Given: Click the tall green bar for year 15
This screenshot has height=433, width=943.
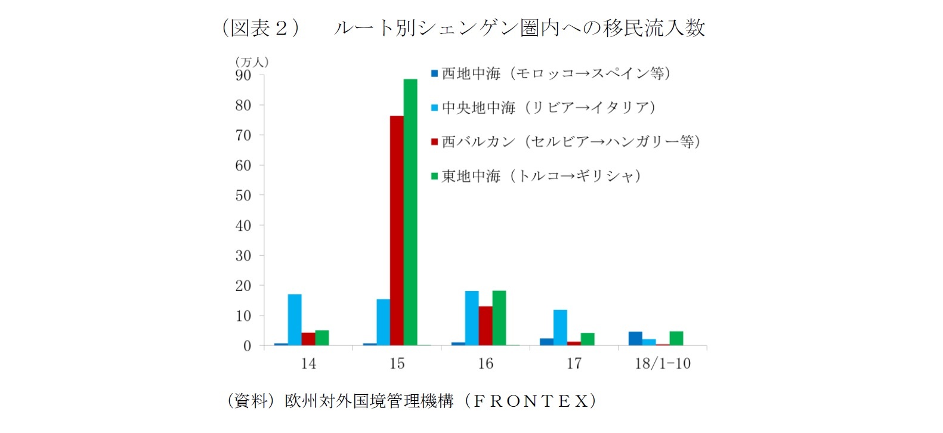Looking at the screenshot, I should click(x=410, y=212).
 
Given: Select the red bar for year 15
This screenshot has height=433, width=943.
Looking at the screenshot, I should click(x=397, y=230).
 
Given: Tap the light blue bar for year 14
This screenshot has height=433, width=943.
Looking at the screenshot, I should click(x=295, y=320).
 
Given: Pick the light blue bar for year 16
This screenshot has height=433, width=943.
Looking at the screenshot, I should click(x=472, y=318).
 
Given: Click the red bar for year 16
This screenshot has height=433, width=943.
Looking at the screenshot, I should click(x=486, y=326).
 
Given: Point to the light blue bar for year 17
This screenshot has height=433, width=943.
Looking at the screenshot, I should click(x=560, y=327).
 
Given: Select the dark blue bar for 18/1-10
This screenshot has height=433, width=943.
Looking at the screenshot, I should click(x=635, y=339).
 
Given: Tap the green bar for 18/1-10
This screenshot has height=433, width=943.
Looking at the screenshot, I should click(x=676, y=339).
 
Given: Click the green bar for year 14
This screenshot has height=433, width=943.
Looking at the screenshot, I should click(x=322, y=338).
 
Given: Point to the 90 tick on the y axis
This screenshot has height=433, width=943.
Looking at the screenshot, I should click(x=243, y=75).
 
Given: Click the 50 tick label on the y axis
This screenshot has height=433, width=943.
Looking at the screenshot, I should click(x=243, y=196).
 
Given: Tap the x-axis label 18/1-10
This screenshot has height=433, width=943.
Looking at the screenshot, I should click(x=662, y=363).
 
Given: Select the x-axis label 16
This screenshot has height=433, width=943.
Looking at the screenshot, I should click(x=486, y=363).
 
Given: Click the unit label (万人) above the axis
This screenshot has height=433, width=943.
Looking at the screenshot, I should click(x=252, y=61).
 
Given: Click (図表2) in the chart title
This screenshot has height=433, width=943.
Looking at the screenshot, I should click(x=260, y=27).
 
